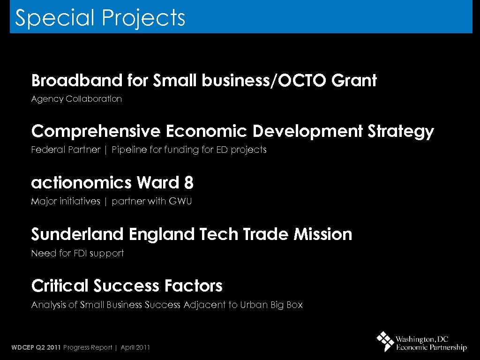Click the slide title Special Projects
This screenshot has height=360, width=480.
coord(100,18)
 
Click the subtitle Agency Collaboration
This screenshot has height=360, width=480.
coord(76,99)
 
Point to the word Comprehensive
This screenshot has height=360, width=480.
coord(96,132)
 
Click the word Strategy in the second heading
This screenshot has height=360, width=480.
coord(401,132)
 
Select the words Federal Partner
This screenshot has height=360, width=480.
coord(66,150)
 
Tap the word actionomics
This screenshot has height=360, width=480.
coord(82,183)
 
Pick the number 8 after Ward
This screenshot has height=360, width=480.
coord(189,183)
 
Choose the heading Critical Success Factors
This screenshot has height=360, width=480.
coord(127,285)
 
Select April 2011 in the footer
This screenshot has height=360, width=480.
coord(135,347)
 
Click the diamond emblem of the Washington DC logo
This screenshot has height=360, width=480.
coord(385,341)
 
